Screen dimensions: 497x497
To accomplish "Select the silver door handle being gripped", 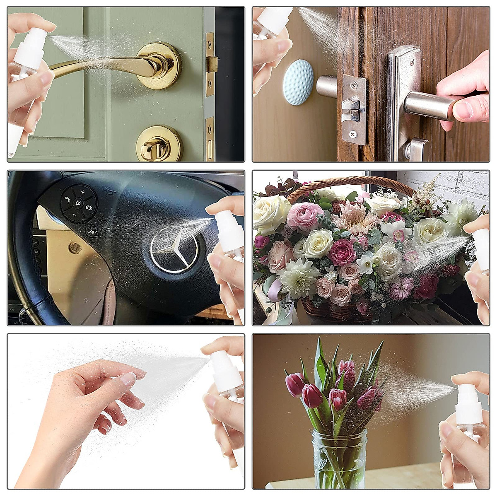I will coord(427,105).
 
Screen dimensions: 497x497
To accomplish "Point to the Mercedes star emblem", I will coord(174,248).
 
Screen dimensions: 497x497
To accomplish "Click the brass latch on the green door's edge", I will coord(212,64).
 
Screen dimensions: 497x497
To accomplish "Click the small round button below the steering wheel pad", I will coord(92,230).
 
